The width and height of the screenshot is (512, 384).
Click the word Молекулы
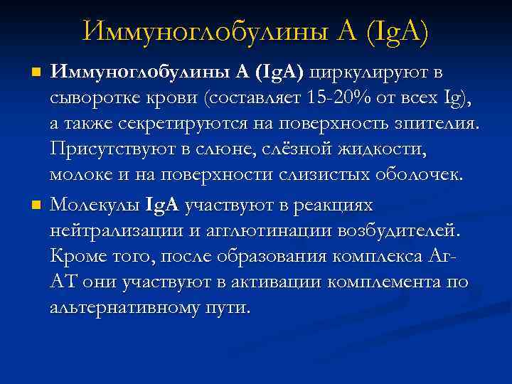point(95,206)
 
